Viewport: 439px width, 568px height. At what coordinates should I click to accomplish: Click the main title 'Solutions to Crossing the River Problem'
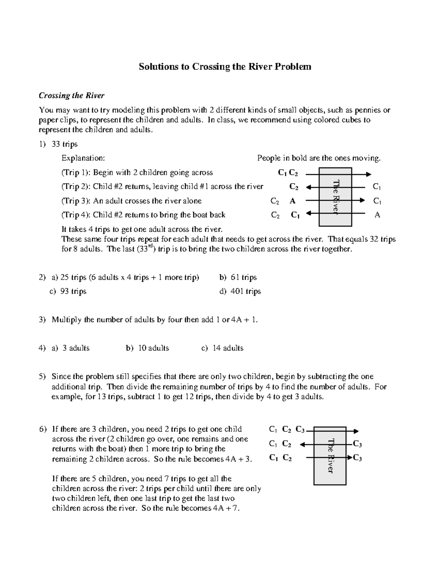tap(225, 67)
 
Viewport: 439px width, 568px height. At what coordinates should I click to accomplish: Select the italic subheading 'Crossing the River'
tap(72, 95)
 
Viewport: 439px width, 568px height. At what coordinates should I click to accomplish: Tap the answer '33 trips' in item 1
tap(64, 144)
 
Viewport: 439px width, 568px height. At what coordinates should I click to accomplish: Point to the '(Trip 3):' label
tap(76, 201)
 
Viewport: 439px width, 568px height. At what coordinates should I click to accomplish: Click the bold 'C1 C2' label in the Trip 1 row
tap(288, 173)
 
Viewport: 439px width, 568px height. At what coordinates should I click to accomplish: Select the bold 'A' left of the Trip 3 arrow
tap(293, 201)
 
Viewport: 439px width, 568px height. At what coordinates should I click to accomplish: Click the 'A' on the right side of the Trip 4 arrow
tap(377, 215)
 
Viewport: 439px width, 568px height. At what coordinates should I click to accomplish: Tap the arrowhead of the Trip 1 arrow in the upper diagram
tap(369, 174)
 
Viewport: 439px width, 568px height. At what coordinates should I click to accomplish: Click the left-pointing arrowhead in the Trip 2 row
tap(308, 187)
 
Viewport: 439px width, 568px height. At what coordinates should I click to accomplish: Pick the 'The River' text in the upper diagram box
tap(336, 197)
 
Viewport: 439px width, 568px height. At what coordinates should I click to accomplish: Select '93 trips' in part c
tap(73, 291)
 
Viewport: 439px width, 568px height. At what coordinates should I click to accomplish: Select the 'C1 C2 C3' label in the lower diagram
tap(286, 430)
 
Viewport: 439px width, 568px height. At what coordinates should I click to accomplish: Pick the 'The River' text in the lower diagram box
tap(330, 455)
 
